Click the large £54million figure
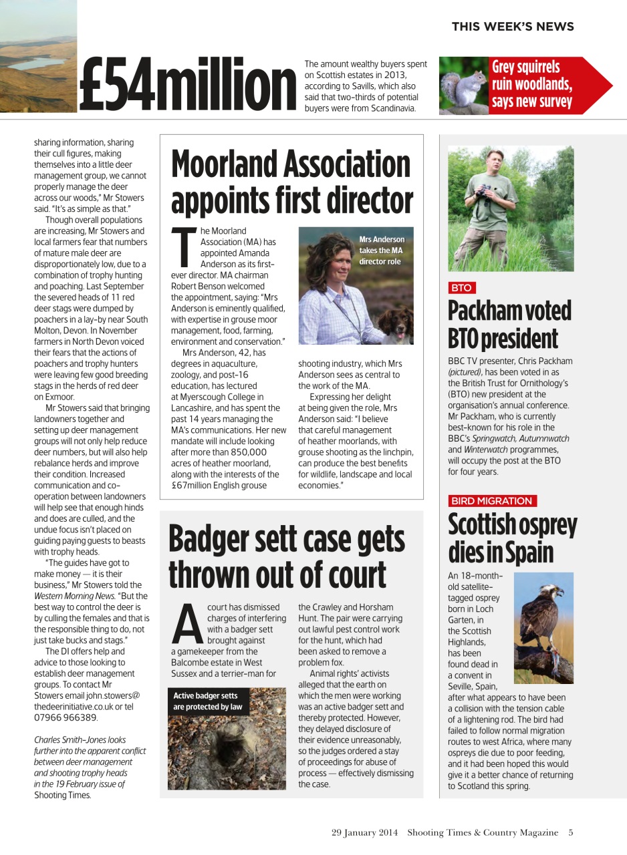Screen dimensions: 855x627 coord(187,85)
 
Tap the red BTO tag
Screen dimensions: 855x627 coord(461,288)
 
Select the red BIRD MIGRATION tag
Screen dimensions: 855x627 coord(492,500)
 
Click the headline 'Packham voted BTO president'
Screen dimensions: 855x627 coord(509,325)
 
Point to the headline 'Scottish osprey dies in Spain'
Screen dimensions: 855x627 coord(511,538)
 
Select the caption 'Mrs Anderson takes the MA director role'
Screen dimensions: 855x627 coord(381,250)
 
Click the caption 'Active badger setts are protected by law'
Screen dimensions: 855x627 coord(207,701)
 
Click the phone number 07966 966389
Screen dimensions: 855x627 coord(66,717)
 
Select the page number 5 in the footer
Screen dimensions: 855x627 coord(571,832)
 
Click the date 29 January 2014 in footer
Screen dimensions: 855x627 coord(364,832)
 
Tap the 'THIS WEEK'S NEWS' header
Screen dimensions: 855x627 coord(512,27)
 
